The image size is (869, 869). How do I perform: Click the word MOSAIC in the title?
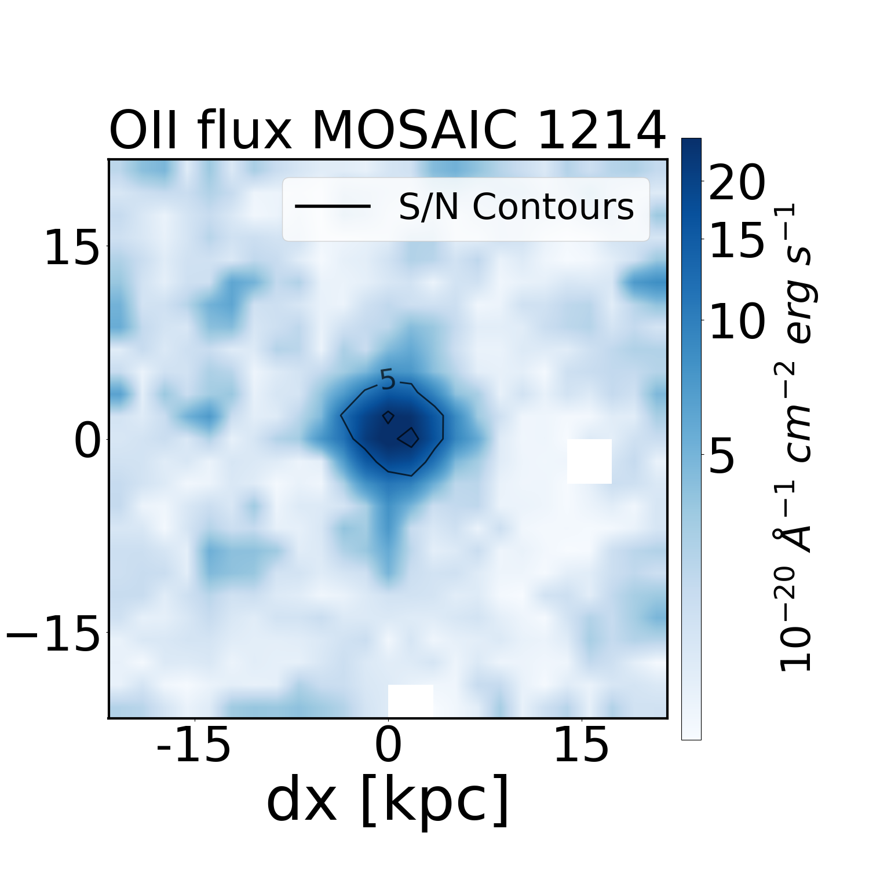[412, 131]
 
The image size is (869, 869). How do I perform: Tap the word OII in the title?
[147, 131]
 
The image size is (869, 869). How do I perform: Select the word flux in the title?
[243, 131]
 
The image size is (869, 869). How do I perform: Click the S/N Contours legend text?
[516, 207]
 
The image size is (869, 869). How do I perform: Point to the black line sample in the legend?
[333, 206]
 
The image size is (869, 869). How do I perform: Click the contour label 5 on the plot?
[388, 381]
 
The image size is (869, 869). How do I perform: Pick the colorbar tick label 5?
[722, 456]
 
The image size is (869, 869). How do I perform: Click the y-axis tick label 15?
[72, 247]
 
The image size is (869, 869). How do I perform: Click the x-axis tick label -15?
[194, 746]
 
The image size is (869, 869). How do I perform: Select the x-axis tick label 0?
[388, 746]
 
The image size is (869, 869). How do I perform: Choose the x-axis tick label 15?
[582, 746]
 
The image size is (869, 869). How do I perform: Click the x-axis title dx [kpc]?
[388, 801]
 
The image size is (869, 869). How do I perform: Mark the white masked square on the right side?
[589, 461]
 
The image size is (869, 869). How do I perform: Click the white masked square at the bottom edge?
[410, 700]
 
